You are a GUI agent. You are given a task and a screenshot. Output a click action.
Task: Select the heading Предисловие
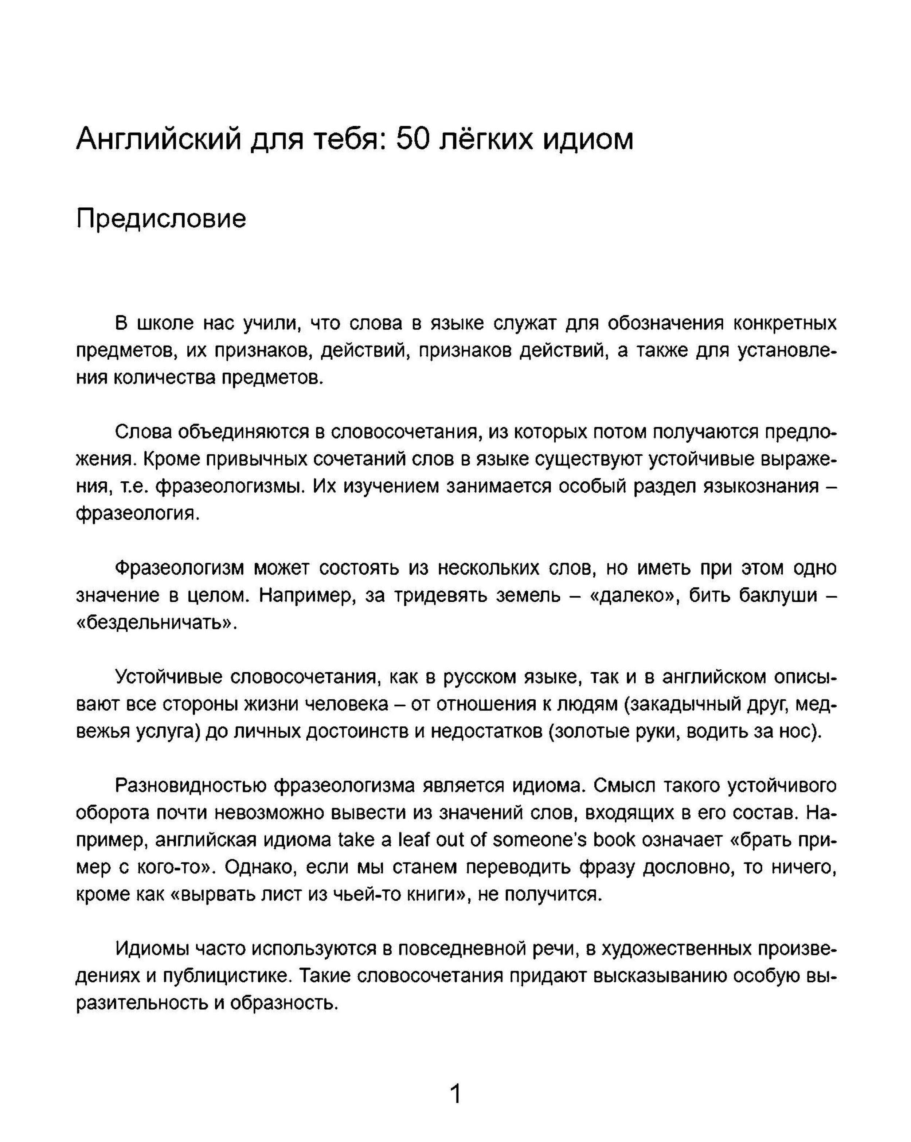click(x=161, y=219)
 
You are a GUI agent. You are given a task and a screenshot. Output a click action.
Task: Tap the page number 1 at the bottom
click(x=455, y=1094)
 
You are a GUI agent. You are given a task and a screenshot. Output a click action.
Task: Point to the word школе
click(x=165, y=323)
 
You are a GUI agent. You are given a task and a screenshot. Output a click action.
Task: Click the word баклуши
click(x=778, y=595)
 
